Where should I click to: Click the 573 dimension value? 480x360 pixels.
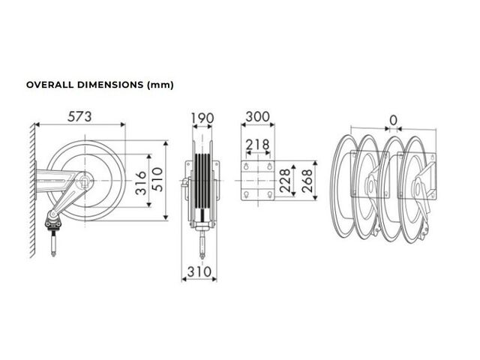pyautogui.click(x=79, y=117)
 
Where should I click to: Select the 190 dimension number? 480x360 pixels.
pyautogui.click(x=202, y=118)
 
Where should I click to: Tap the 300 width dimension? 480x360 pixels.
pyautogui.click(x=258, y=117)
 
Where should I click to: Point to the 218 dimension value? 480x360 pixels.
pyautogui.click(x=258, y=145)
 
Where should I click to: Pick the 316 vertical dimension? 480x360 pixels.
pyautogui.click(x=141, y=183)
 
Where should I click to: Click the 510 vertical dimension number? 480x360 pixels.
pyautogui.click(x=157, y=179)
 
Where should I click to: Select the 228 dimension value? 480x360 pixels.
pyautogui.click(x=285, y=180)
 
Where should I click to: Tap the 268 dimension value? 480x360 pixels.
pyautogui.click(x=307, y=180)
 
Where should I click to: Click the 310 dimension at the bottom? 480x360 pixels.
pyautogui.click(x=199, y=271)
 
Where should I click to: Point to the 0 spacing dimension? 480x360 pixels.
pyautogui.click(x=393, y=120)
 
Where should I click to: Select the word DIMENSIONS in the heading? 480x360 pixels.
pyautogui.click(x=110, y=85)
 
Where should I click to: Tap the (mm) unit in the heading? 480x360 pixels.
pyautogui.click(x=160, y=85)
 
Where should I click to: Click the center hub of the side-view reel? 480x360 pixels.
pyautogui.click(x=85, y=181)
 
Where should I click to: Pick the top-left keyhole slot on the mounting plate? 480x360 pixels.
pyautogui.click(x=246, y=166)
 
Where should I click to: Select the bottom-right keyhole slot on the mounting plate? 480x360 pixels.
pyautogui.click(x=270, y=194)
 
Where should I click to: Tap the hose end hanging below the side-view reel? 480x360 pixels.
pyautogui.click(x=53, y=243)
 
